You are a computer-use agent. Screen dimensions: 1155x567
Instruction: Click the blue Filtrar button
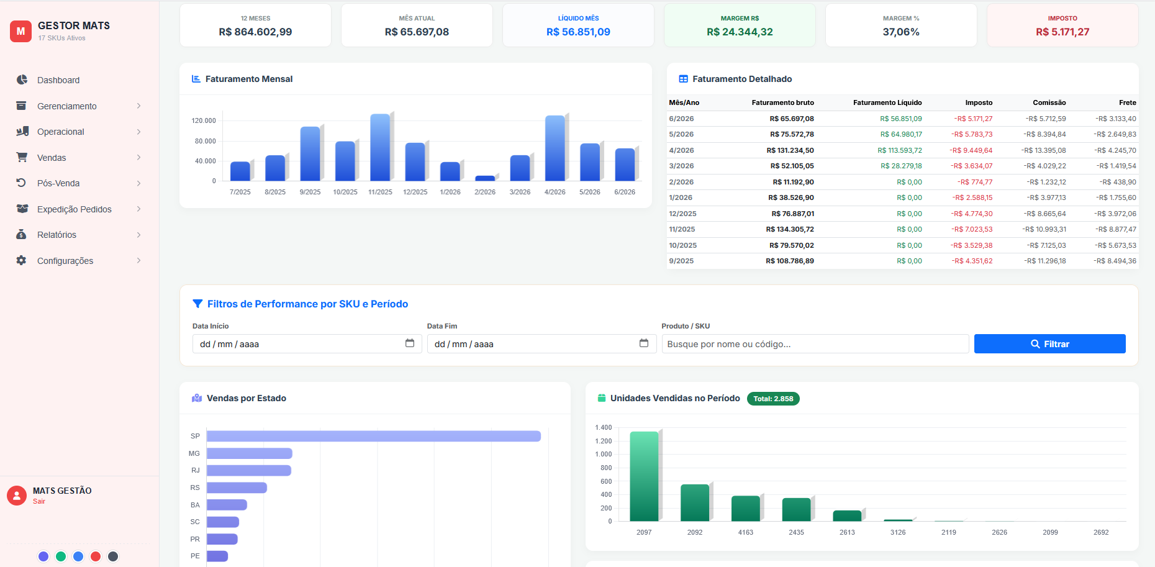[x=1049, y=344]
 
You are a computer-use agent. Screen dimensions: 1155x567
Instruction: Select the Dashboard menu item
[x=58, y=80]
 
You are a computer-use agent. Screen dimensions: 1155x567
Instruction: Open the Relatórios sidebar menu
[x=57, y=235]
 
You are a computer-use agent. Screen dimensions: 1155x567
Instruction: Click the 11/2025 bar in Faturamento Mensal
[x=380, y=147]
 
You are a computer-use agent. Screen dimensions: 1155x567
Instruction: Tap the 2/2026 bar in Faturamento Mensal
[x=485, y=178]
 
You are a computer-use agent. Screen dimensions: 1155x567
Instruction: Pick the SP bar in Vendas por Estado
[x=374, y=436]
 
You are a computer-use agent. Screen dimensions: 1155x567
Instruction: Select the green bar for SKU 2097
[x=644, y=476]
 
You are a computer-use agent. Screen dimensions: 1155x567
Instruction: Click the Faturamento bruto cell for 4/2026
[x=790, y=150]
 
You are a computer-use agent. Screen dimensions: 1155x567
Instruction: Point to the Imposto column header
[x=979, y=102]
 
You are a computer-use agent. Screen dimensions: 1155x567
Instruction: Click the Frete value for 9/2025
[x=1115, y=261]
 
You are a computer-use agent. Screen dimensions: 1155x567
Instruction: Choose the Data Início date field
[x=307, y=344]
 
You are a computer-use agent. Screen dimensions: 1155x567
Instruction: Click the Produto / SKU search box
[x=815, y=344]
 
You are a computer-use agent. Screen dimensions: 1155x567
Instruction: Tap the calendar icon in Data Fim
[x=644, y=343]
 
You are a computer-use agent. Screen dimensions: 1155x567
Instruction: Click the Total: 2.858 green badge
[x=773, y=399]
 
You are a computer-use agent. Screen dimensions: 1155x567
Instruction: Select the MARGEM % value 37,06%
[x=901, y=32]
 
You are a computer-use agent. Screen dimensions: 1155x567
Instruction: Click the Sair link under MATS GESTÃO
[x=39, y=501]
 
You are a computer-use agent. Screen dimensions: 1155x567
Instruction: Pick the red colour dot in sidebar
[x=96, y=556]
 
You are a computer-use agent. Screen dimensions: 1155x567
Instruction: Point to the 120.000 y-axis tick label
[x=204, y=120]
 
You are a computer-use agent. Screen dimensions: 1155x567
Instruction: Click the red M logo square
[x=20, y=31]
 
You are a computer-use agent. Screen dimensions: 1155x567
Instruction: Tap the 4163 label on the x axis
[x=746, y=532]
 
